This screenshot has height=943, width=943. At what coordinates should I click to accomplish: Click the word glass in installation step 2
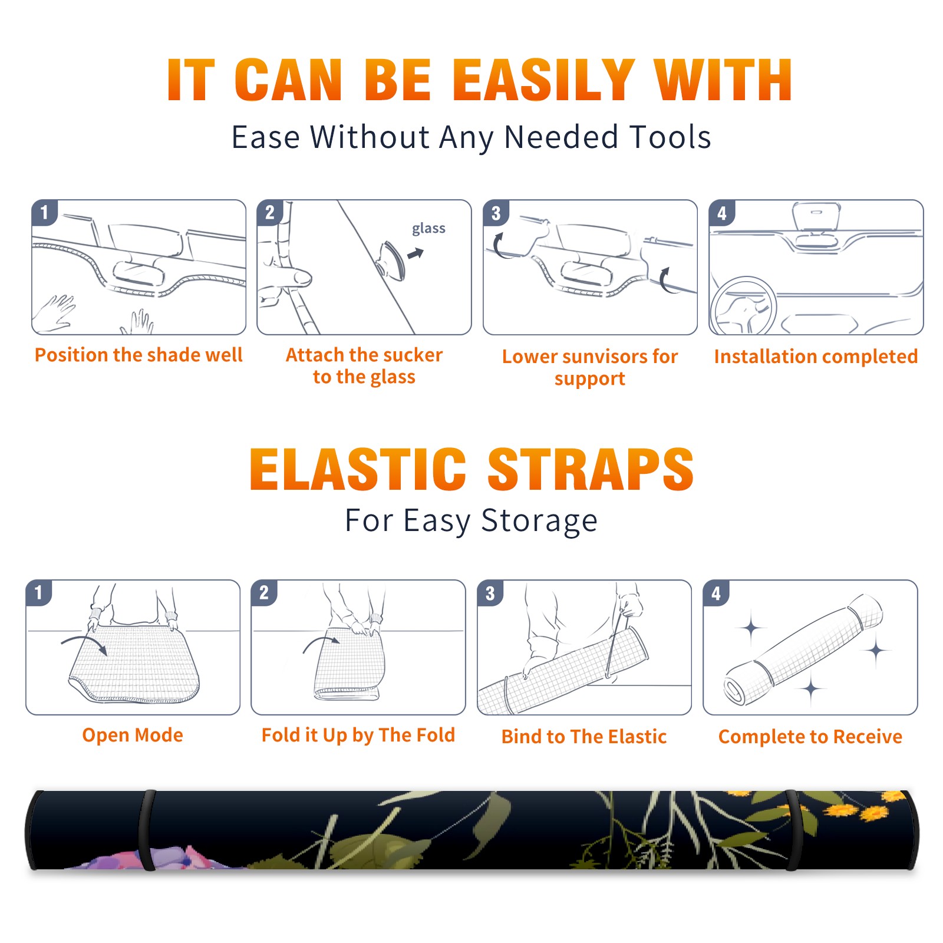click(x=428, y=229)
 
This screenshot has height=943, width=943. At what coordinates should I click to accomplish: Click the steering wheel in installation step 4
click(x=744, y=306)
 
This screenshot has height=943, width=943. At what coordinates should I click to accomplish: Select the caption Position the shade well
click(x=139, y=355)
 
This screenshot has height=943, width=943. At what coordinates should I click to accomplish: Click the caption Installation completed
click(x=816, y=357)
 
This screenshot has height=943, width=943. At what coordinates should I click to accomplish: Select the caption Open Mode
click(x=133, y=735)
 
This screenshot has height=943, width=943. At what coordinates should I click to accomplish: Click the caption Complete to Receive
click(x=810, y=737)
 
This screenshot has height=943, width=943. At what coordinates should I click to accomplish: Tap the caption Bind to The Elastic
click(x=584, y=737)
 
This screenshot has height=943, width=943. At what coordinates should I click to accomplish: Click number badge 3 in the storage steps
click(x=490, y=593)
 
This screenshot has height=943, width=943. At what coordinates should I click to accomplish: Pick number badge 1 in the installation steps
click(x=45, y=212)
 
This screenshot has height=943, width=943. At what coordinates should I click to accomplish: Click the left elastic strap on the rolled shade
click(x=146, y=830)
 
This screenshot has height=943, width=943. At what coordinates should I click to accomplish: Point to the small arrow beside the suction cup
click(x=416, y=253)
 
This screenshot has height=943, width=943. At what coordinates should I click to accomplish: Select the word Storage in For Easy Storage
click(x=539, y=521)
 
